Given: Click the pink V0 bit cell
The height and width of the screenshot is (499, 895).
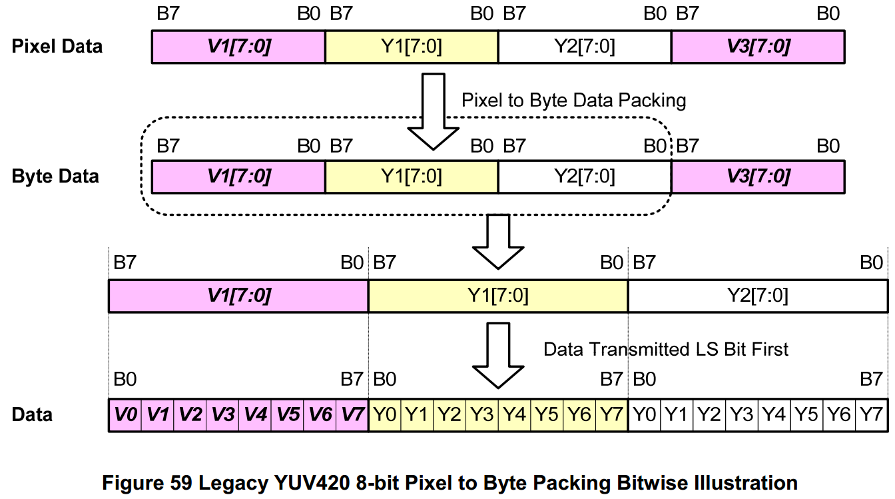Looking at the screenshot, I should pos(125,415).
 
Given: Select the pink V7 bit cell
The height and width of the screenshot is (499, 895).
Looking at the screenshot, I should pos(352,415).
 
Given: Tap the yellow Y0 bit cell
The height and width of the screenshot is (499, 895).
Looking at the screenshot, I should pos(385,415).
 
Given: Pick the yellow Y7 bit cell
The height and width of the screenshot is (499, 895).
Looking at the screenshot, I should pos(612,415).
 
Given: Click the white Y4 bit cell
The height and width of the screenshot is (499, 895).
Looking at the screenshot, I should pos(774,415).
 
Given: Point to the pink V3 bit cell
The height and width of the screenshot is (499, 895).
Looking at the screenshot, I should pos(222,415).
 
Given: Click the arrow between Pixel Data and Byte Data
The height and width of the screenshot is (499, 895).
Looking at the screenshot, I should pos(434,110).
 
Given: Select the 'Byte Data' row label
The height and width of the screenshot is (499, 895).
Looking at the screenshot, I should pos(55,177).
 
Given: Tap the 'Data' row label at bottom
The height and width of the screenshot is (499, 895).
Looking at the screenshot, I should pos(32,415).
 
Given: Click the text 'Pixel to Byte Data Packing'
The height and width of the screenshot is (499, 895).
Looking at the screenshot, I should pos(573,101).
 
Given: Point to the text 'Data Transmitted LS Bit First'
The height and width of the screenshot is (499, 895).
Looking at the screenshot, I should pos(666,349).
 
